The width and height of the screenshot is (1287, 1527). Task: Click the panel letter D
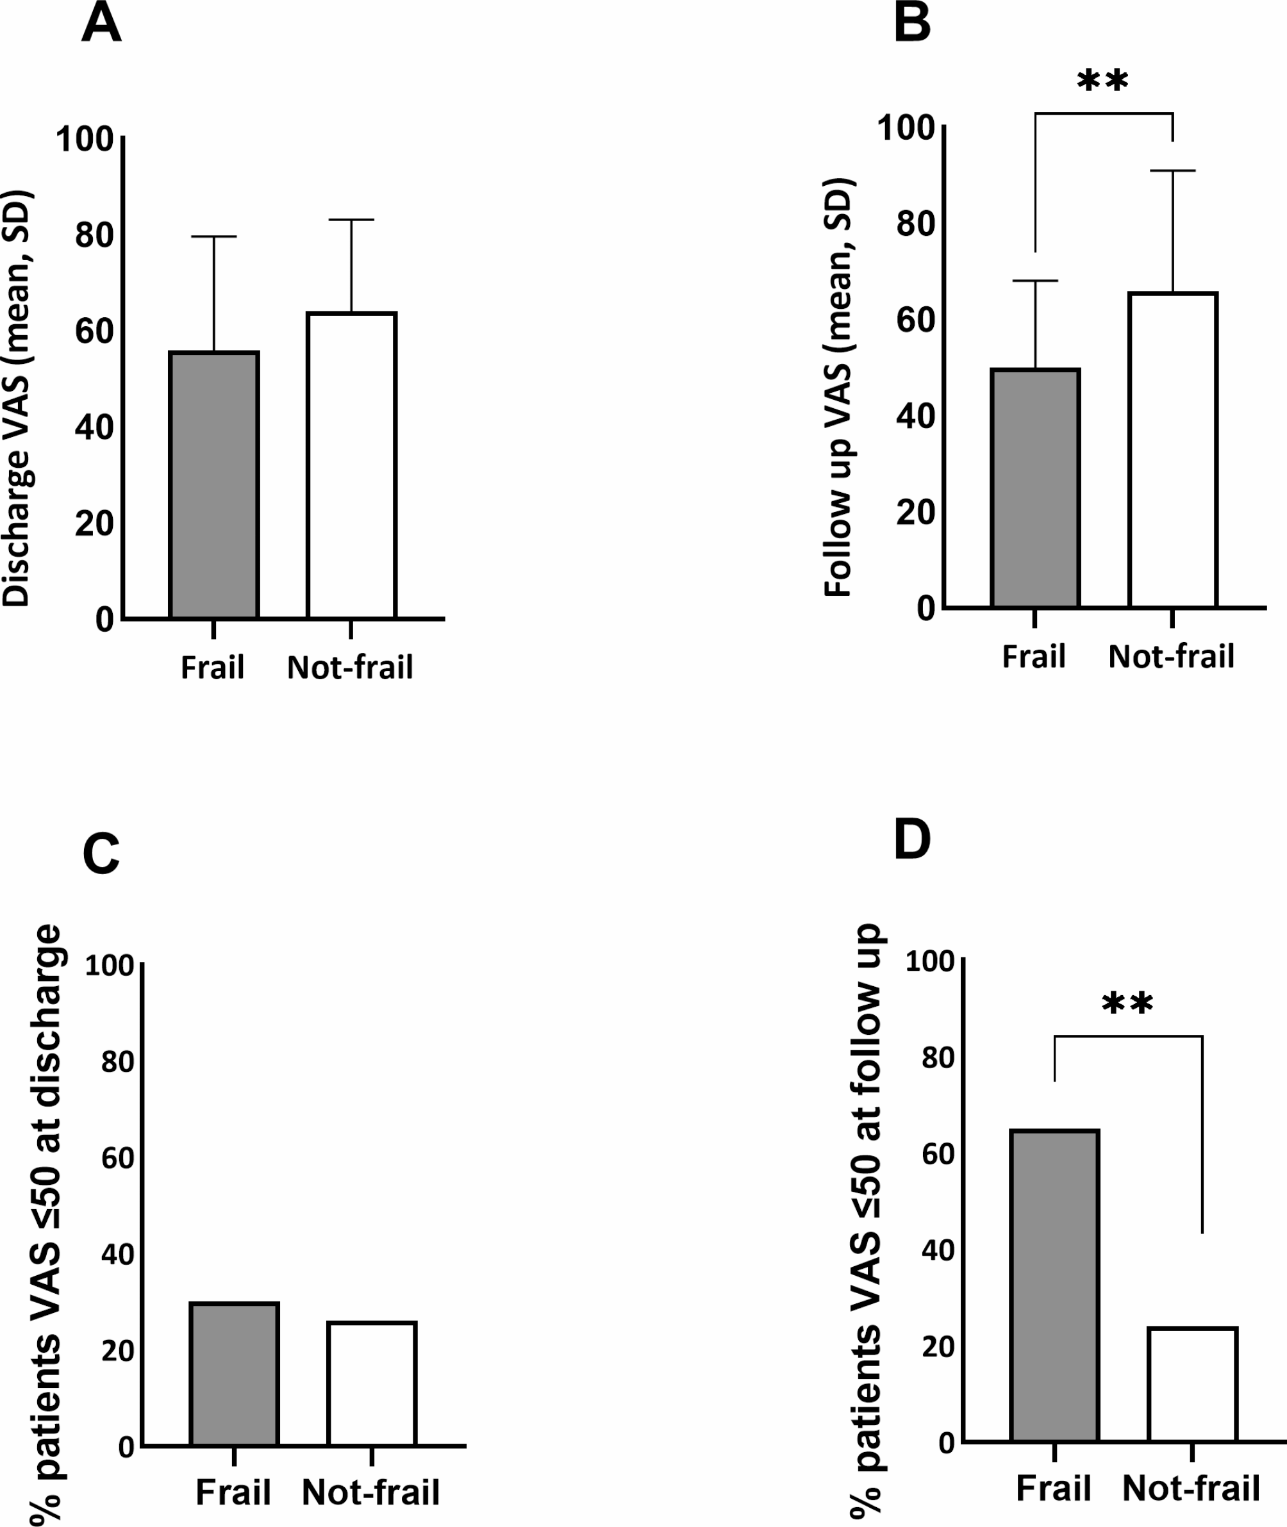pyautogui.click(x=912, y=840)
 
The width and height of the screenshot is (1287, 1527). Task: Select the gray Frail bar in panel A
pyautogui.click(x=214, y=485)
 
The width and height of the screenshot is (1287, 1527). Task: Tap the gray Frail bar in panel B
pyautogui.click(x=1034, y=488)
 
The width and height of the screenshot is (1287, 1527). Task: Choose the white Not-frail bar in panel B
pyautogui.click(x=1172, y=450)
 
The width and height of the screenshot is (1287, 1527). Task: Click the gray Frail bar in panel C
pyautogui.click(x=234, y=1374)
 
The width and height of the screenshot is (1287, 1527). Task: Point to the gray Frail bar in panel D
pyautogui.click(x=1054, y=1285)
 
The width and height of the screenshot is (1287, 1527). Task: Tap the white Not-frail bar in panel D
pyautogui.click(x=1192, y=1384)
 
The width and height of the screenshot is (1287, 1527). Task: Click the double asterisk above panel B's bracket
pyautogui.click(x=1102, y=80)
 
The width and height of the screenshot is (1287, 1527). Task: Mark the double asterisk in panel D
pyautogui.click(x=1127, y=1004)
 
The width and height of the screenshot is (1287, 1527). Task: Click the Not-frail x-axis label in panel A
pyautogui.click(x=350, y=667)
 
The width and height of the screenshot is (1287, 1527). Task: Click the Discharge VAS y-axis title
pyautogui.click(x=17, y=398)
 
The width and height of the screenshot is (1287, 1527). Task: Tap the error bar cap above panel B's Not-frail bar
pyautogui.click(x=1172, y=170)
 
